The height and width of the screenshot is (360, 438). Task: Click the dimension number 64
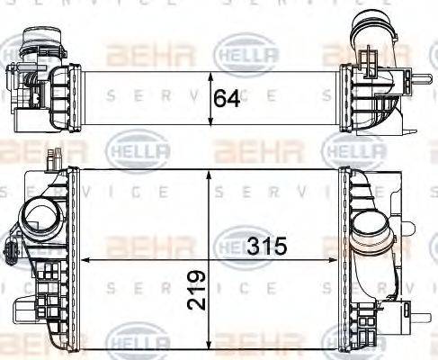coord(228,97)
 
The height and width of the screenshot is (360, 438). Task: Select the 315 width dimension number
coord(268,245)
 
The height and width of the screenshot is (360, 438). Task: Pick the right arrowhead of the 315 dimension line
coord(337,259)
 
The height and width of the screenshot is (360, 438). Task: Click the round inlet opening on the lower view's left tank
coord(40,216)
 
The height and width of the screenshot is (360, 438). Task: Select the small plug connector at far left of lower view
coord(12,248)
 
